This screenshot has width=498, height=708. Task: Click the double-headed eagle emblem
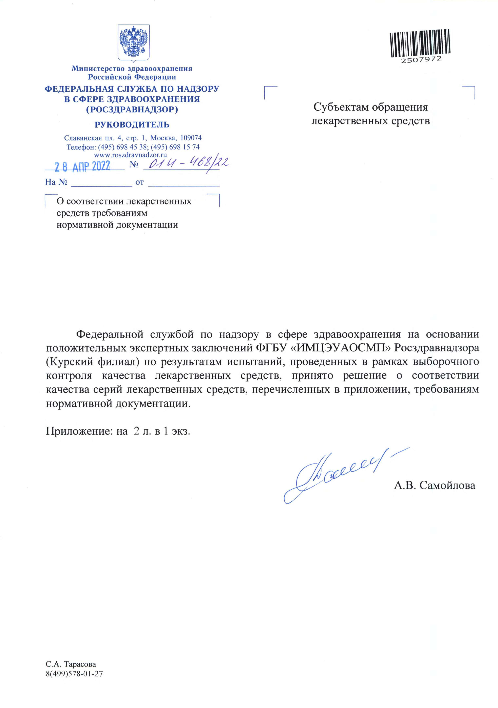[134, 42]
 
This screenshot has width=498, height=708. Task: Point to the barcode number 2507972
[421, 59]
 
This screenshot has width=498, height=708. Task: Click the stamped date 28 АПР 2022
[83, 166]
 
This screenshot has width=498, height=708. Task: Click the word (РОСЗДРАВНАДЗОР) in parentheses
[132, 109]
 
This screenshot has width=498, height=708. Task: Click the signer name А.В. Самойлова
[435, 485]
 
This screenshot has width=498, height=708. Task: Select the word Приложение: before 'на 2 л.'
[79, 431]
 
